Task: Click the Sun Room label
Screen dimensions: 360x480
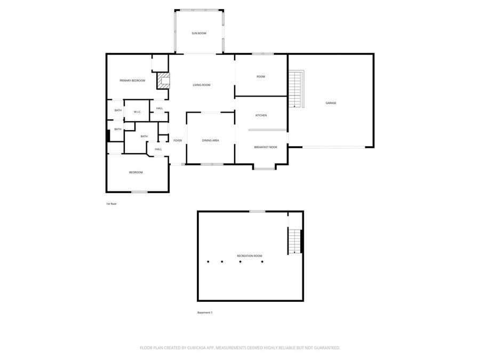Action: click(x=199, y=34)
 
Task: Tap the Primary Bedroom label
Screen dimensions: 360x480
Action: click(x=132, y=81)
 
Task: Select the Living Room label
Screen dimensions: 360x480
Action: click(x=202, y=85)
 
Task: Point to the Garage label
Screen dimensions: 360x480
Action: click(x=331, y=103)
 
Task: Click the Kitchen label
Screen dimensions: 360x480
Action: click(x=261, y=116)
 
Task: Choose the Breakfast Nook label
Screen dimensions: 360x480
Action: click(x=265, y=147)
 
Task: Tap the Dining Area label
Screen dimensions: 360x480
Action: click(x=211, y=140)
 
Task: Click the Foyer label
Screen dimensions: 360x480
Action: click(x=178, y=140)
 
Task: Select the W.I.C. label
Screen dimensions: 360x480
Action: click(x=137, y=111)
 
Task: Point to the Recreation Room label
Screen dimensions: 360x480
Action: click(x=250, y=256)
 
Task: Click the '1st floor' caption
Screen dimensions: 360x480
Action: click(x=111, y=204)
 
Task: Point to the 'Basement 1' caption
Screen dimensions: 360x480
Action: click(x=205, y=313)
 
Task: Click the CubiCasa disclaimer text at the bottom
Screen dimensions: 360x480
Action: click(x=240, y=348)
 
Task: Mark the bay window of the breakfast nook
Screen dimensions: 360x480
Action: click(x=265, y=169)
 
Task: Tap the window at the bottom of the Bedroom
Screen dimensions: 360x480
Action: click(x=139, y=192)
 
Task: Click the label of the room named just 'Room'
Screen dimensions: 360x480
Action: click(x=261, y=77)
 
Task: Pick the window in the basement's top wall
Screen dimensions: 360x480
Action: click(x=258, y=212)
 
